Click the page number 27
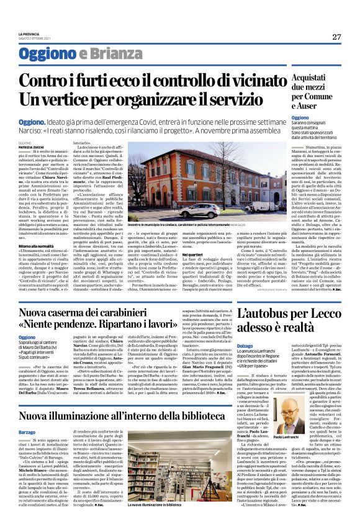(336, 37)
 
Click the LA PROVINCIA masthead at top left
(30, 33)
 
